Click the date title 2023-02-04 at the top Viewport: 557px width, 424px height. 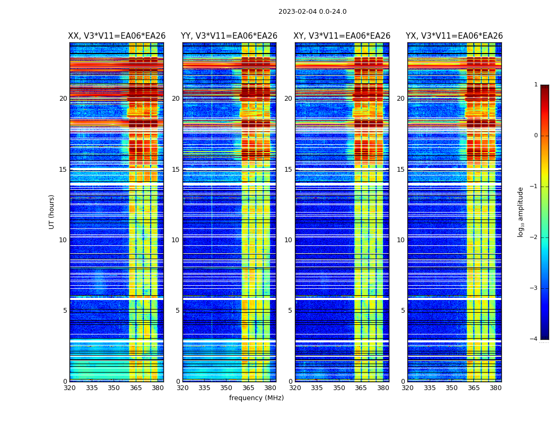coord(312,12)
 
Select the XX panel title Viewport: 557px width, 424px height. coord(117,36)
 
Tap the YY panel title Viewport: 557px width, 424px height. coord(229,36)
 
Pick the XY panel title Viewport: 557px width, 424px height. coord(342,36)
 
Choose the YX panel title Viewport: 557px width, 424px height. coord(454,36)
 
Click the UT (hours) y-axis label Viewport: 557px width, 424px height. coord(52,211)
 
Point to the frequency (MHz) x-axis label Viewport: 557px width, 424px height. coord(256,398)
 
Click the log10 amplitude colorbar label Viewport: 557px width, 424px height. coord(521,211)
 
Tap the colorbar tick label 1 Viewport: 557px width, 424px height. coord(536,85)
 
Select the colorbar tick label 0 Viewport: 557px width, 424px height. coord(536,136)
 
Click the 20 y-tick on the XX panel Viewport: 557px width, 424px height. coord(63,99)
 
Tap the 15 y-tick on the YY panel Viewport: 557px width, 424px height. coord(176,170)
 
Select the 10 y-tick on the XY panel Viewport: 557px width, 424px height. coord(289,240)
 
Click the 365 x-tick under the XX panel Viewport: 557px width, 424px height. coord(136,388)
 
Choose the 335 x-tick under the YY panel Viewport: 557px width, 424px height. coord(205,388)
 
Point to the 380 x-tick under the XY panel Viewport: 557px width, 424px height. coord(383,388)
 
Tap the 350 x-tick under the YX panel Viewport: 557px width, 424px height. coord(451,388)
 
